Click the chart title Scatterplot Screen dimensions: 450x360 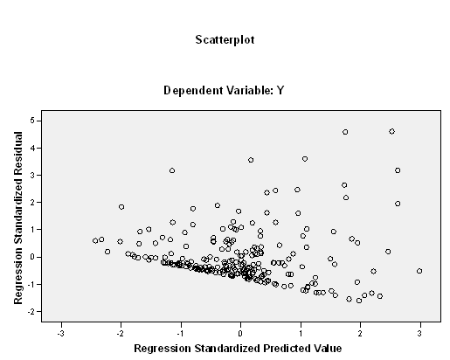[225, 40]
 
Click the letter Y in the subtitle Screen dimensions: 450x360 [280, 90]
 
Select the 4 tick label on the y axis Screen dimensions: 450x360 [32, 148]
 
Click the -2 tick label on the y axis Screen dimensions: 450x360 [31, 312]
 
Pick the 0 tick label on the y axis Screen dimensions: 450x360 [32, 257]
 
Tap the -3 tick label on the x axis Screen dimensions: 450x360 [60, 334]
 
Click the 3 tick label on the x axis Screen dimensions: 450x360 [419, 334]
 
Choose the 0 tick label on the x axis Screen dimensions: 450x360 [240, 334]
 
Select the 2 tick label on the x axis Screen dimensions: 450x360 [360, 334]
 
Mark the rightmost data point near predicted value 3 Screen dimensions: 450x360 [419, 271]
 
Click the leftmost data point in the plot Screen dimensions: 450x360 [95, 240]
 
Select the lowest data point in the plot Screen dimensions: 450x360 [359, 301]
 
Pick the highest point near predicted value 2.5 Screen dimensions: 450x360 [392, 132]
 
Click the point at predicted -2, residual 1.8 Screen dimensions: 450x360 [121, 207]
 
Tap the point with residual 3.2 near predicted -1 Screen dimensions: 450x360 [172, 170]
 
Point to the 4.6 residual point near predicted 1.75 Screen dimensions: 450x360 [345, 132]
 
